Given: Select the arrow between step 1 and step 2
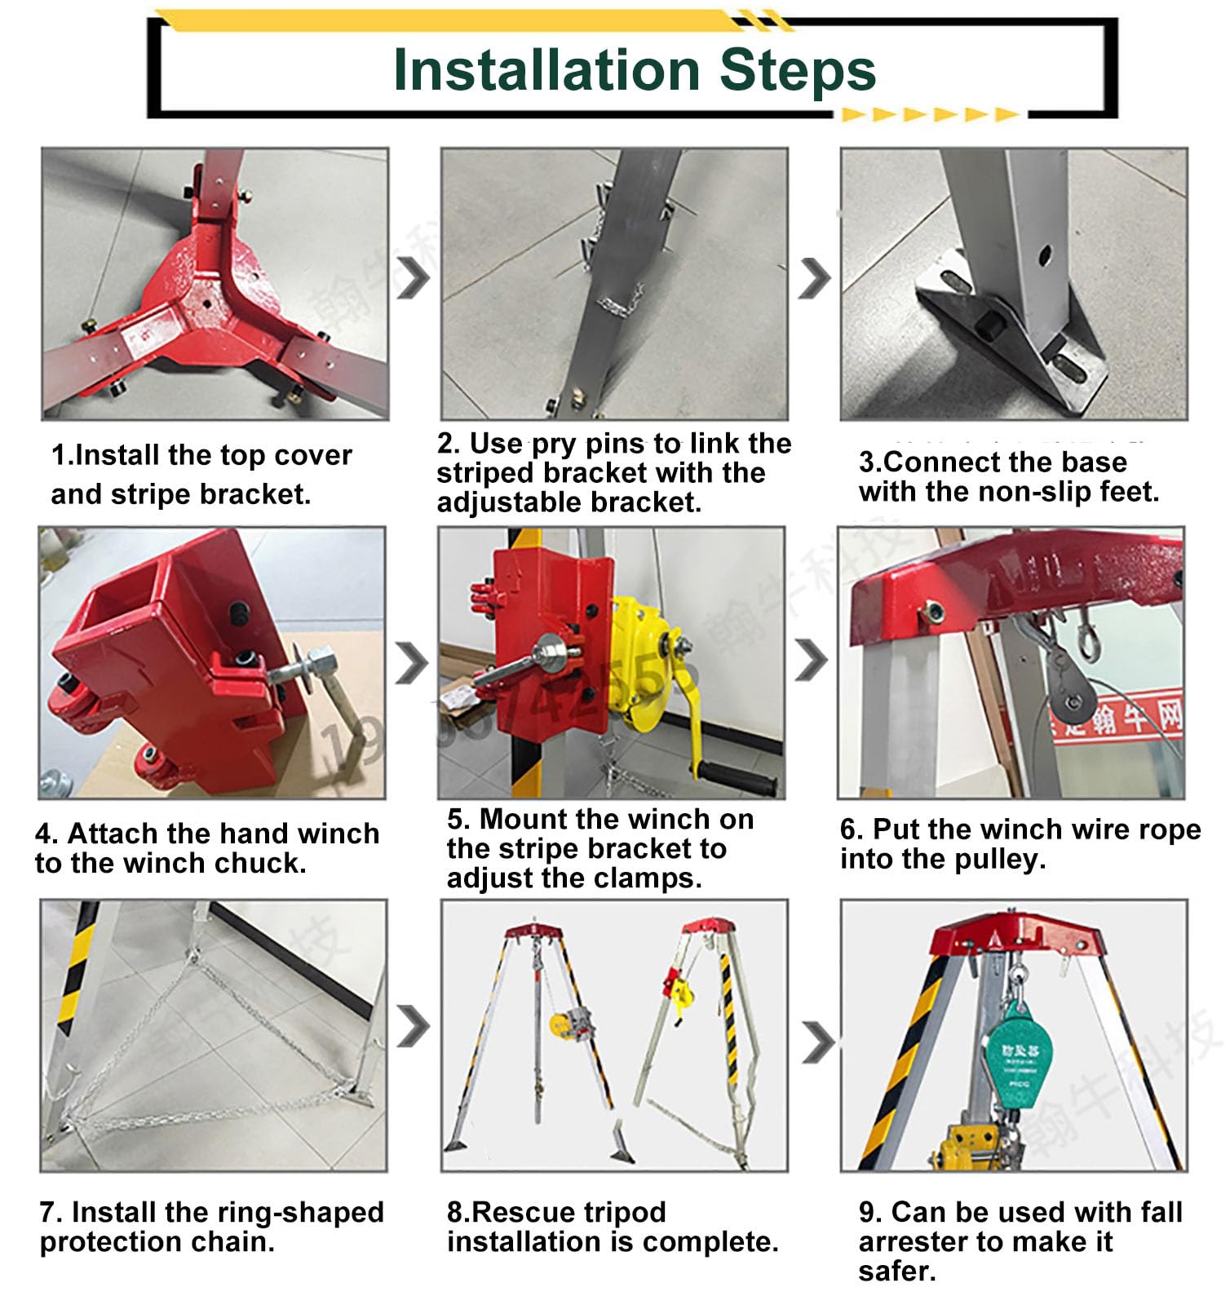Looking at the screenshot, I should click(414, 277).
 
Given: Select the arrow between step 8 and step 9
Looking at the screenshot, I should click(818, 1042).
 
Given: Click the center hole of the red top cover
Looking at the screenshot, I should click(207, 303).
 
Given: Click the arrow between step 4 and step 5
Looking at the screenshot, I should click(412, 662).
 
